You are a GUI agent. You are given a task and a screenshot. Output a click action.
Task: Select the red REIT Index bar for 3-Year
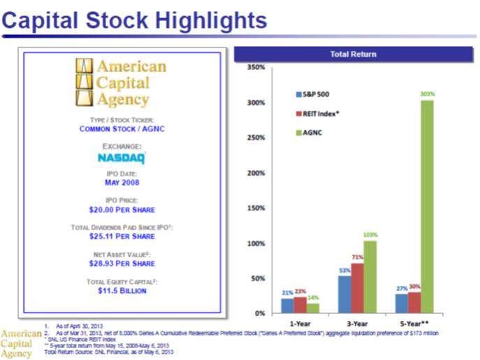click(356, 288)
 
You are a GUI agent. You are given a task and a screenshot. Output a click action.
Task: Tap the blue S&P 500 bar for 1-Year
click(287, 305)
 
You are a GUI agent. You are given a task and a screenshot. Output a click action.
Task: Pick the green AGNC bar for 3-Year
click(370, 277)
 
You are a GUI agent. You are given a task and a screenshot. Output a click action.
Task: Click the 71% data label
click(357, 257)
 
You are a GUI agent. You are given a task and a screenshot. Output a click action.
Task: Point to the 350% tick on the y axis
click(255, 68)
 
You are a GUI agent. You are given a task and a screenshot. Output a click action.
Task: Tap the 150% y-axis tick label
click(255, 208)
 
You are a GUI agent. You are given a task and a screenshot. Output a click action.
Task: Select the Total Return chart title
click(353, 54)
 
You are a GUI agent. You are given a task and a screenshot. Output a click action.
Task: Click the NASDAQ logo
click(122, 158)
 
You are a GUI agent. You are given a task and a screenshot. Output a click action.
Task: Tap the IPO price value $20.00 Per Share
click(122, 210)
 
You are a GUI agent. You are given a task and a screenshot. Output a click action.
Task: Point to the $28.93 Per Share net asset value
click(122, 264)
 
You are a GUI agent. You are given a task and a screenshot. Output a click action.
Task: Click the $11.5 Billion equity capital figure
click(122, 291)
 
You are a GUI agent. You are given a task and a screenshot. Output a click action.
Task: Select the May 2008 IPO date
click(122, 182)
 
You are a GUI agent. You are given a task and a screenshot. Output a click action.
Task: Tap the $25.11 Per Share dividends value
click(122, 236)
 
